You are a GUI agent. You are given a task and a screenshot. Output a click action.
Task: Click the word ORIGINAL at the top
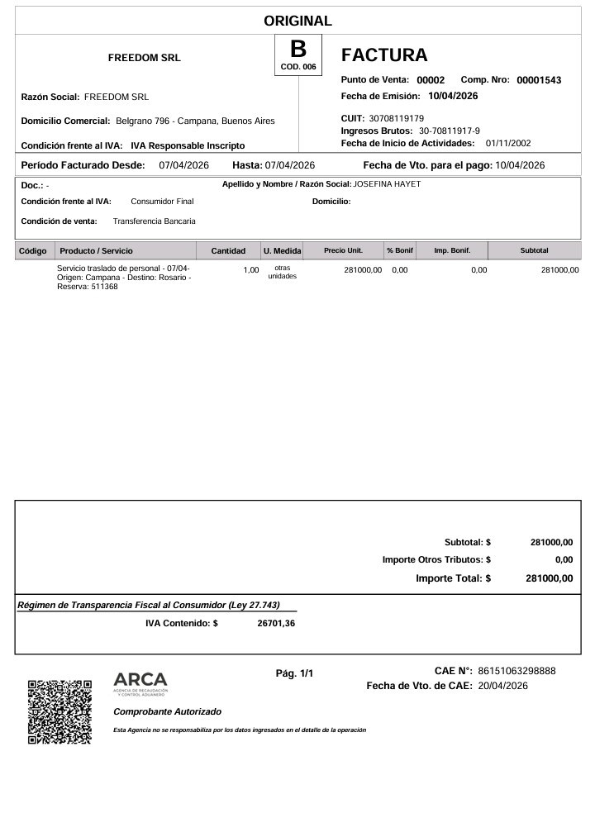pyautogui.click(x=297, y=21)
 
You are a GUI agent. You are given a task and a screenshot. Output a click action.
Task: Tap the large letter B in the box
pyautogui.click(x=297, y=49)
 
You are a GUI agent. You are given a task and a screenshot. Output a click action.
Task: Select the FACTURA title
pyautogui.click(x=384, y=55)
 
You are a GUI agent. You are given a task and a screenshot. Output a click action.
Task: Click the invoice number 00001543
pyautogui.click(x=539, y=80)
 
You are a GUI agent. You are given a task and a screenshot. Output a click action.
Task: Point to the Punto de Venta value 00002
pyautogui.click(x=431, y=80)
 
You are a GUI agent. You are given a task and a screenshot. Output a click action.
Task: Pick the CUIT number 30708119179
pyautogui.click(x=396, y=119)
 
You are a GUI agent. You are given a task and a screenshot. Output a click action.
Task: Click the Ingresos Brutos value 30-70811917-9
pyautogui.click(x=450, y=131)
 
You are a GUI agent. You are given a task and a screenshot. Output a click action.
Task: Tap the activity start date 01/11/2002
pyautogui.click(x=508, y=144)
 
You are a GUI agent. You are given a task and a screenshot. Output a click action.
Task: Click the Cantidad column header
pyautogui.click(x=228, y=250)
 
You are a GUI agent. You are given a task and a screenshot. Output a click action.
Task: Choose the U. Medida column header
pyautogui.click(x=282, y=250)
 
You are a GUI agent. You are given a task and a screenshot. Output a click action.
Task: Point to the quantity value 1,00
pyautogui.click(x=250, y=270)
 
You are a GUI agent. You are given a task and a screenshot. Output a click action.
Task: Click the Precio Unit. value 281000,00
pyautogui.click(x=362, y=270)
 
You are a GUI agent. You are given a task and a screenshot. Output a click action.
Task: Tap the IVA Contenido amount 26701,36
pyautogui.click(x=276, y=624)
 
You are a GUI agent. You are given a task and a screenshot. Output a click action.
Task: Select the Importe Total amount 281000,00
pyautogui.click(x=549, y=578)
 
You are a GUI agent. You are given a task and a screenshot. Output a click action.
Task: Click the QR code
pyautogui.click(x=59, y=711)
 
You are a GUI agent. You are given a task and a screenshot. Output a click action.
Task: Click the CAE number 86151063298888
pyautogui.click(x=516, y=671)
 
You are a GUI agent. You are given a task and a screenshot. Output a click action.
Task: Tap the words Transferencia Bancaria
pyautogui.click(x=155, y=221)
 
